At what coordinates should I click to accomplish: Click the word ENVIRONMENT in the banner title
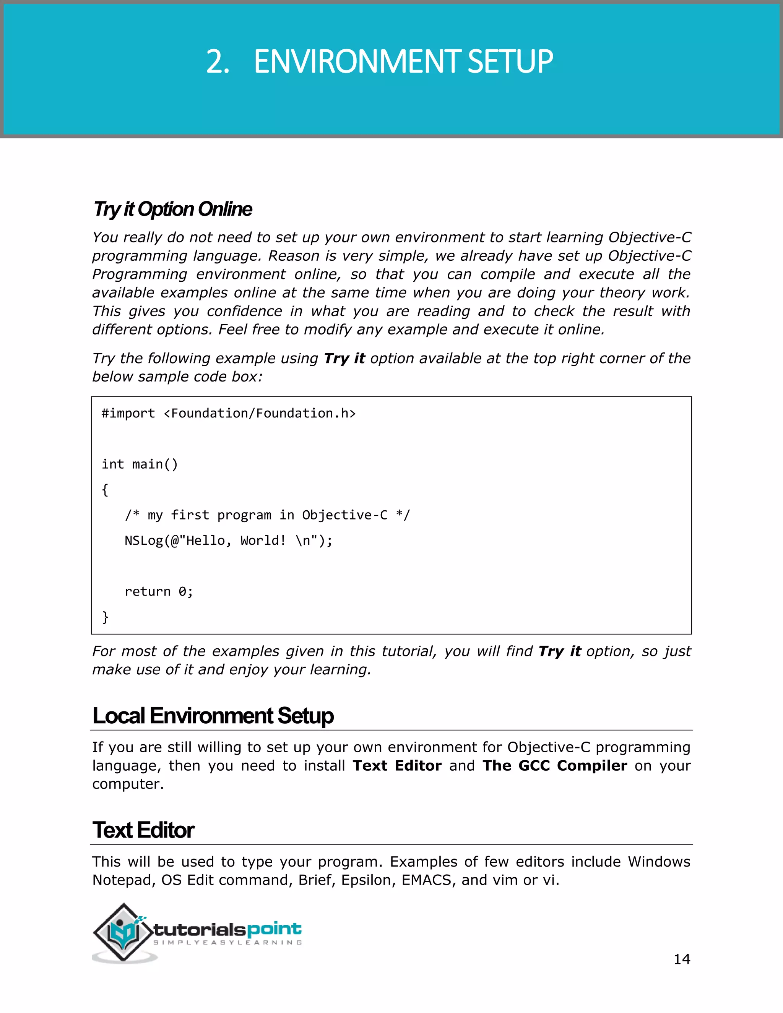(357, 62)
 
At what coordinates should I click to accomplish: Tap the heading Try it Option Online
(172, 209)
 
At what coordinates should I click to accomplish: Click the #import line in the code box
(228, 413)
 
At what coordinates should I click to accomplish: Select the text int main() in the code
(140, 464)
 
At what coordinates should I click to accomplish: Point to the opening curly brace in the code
(105, 490)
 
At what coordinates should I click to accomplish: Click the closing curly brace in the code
(105, 617)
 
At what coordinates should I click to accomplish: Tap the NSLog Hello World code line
(228, 541)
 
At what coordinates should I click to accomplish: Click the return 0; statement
(159, 591)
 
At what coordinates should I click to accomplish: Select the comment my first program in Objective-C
(267, 515)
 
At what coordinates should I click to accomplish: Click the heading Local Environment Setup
(213, 716)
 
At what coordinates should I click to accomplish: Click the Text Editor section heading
(143, 830)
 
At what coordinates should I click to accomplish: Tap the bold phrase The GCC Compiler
(555, 766)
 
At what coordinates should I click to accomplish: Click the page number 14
(681, 959)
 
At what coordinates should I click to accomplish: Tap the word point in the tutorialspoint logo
(274, 929)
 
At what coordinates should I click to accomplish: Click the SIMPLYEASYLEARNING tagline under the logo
(228, 943)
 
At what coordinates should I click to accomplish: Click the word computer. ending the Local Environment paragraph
(128, 784)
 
